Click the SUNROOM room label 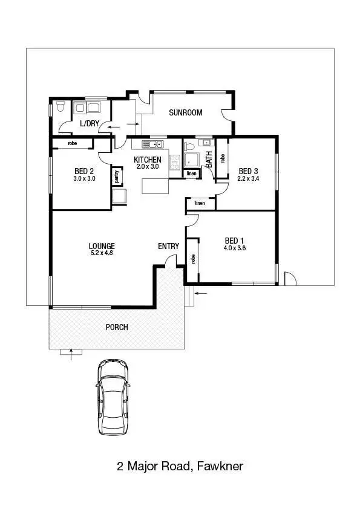185,113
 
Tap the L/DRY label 89,123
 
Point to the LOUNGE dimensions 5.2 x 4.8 101,253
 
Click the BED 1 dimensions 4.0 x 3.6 235,248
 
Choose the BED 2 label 84,170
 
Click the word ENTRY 168,246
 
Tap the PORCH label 117,327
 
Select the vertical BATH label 209,159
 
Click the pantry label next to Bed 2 116,177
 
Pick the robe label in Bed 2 72,144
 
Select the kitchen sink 152,144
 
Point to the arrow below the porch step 72,355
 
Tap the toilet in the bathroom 189,146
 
